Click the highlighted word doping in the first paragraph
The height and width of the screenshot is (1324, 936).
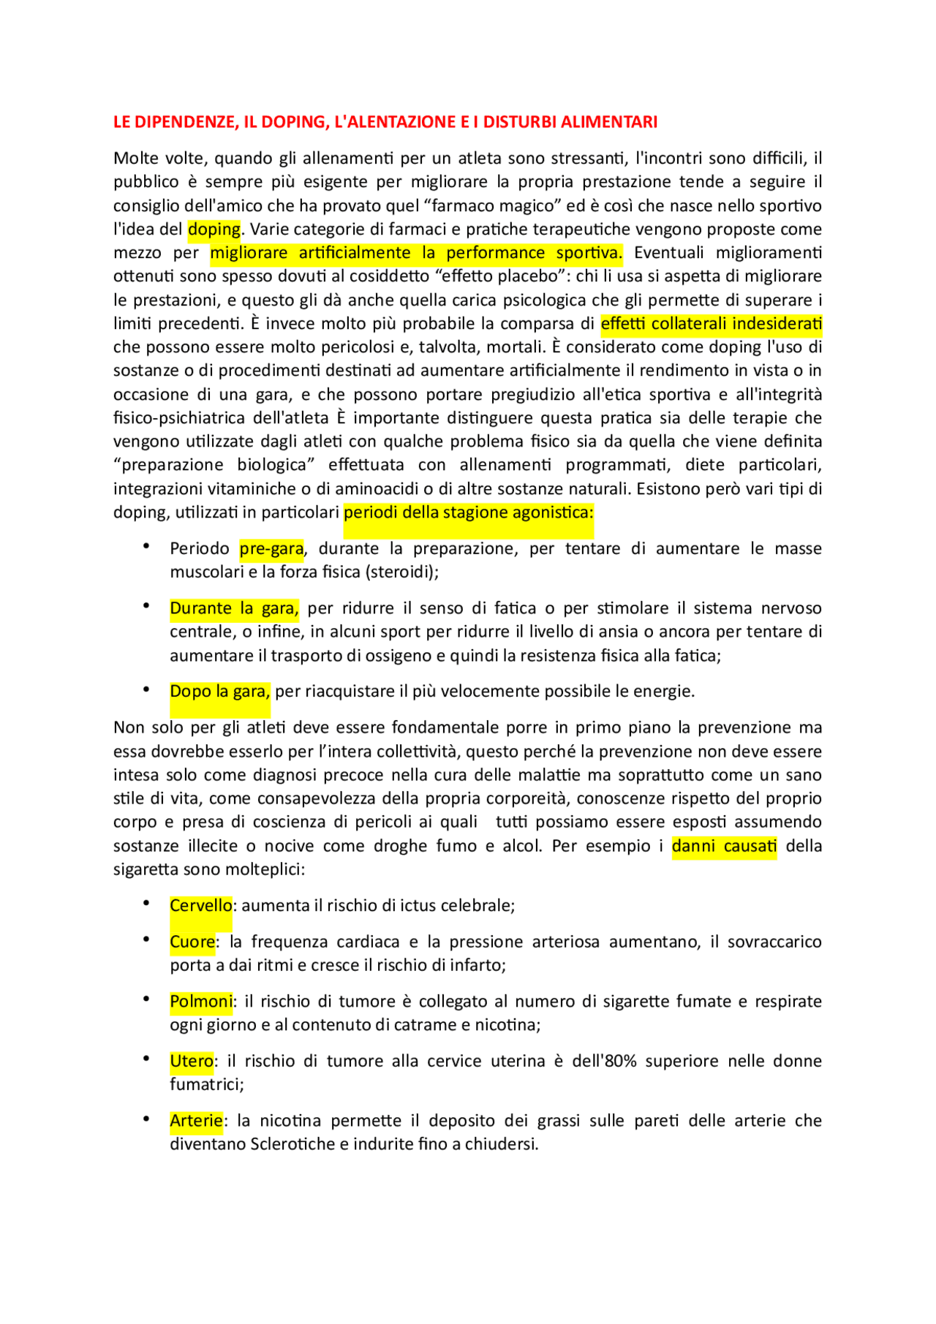214,230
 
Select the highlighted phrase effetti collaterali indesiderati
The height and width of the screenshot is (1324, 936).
711,324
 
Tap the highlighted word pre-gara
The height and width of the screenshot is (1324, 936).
271,549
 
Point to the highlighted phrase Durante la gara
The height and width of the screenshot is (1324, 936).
234,608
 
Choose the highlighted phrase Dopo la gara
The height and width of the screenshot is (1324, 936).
219,692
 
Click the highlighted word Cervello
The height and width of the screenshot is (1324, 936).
200,906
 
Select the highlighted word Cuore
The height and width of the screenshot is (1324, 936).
192,942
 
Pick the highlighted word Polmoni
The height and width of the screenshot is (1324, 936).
200,1002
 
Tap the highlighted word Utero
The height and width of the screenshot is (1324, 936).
192,1062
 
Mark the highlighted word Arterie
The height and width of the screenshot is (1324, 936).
196,1121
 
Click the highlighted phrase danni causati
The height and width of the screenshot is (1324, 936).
724,847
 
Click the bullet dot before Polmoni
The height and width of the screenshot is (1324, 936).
147,999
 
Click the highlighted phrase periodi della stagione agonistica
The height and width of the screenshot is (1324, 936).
468,512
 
